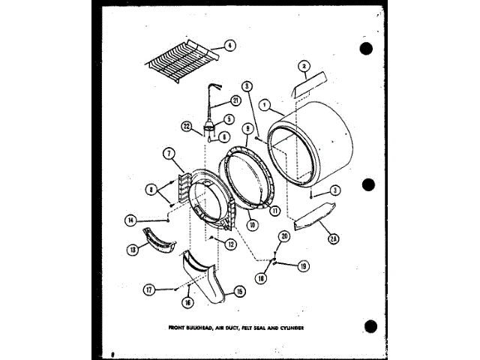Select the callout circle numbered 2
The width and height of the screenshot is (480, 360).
point(304,67)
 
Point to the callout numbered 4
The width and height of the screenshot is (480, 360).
point(229,46)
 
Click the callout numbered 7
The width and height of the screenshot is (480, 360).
point(169,154)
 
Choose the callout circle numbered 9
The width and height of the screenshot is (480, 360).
point(247,128)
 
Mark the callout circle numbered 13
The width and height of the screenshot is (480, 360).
point(135,250)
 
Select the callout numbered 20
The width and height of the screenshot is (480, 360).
point(283,236)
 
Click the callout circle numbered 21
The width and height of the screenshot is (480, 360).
point(235,100)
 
